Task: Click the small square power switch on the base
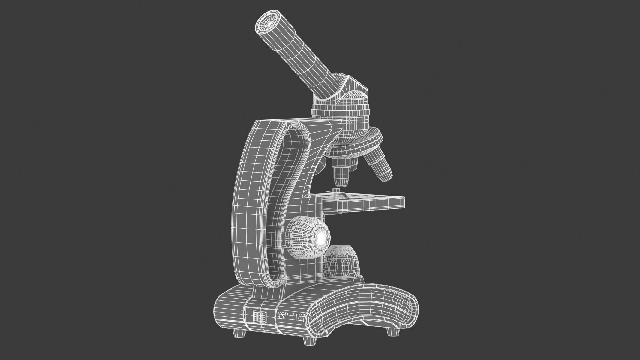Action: click(x=259, y=316)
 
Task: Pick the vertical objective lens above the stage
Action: click(x=341, y=174)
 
